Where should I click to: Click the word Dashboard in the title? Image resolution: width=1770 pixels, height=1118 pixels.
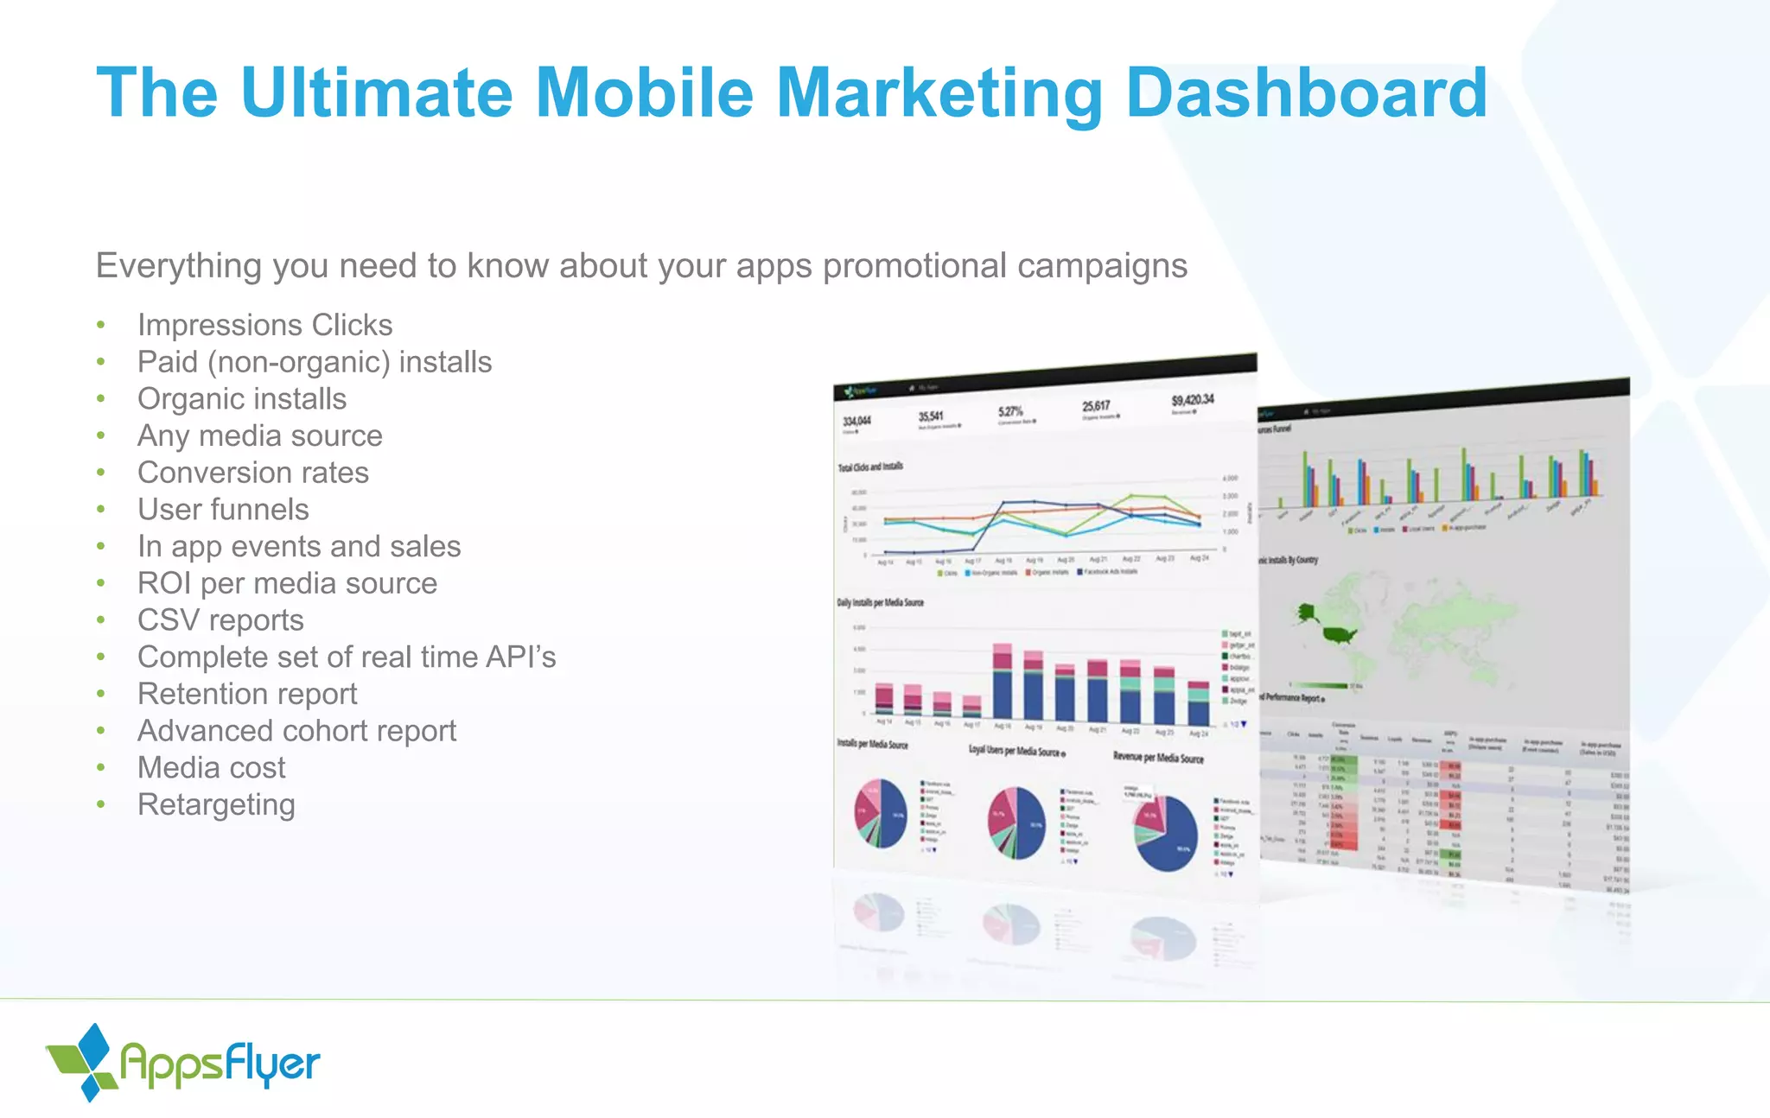pyautogui.click(x=1306, y=93)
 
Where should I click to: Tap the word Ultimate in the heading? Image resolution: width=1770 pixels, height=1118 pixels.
pyautogui.click(x=379, y=93)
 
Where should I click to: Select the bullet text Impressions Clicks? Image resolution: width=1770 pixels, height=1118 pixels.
pyautogui.click(x=264, y=325)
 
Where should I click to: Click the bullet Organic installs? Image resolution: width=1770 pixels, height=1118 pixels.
pyautogui.click(x=242, y=399)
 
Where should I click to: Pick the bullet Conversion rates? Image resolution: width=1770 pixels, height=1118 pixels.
pyautogui.click(x=252, y=473)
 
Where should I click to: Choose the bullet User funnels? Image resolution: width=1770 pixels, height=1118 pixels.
pyautogui.click(x=223, y=510)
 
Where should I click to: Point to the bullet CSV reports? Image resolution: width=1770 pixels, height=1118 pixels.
pyautogui.click(x=220, y=620)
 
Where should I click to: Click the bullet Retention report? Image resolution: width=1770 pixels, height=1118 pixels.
pyautogui.click(x=247, y=694)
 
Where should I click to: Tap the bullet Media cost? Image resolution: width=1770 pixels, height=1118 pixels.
pyautogui.click(x=211, y=768)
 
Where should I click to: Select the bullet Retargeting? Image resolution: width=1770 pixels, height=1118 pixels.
pyautogui.click(x=216, y=804)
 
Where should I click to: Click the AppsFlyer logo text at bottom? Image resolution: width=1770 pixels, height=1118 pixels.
pyautogui.click(x=220, y=1064)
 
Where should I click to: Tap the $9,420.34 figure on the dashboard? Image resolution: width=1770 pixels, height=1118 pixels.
pyautogui.click(x=1193, y=400)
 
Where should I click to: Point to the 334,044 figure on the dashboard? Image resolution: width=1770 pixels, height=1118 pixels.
pyautogui.click(x=856, y=421)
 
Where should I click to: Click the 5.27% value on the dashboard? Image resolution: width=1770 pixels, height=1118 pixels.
pyautogui.click(x=1010, y=411)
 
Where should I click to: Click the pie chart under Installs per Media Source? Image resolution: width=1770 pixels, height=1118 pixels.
pyautogui.click(x=881, y=813)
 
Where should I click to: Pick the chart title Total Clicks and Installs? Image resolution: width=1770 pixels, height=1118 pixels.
pyautogui.click(x=870, y=467)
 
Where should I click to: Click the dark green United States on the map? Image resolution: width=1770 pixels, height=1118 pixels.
pyautogui.click(x=1339, y=635)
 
